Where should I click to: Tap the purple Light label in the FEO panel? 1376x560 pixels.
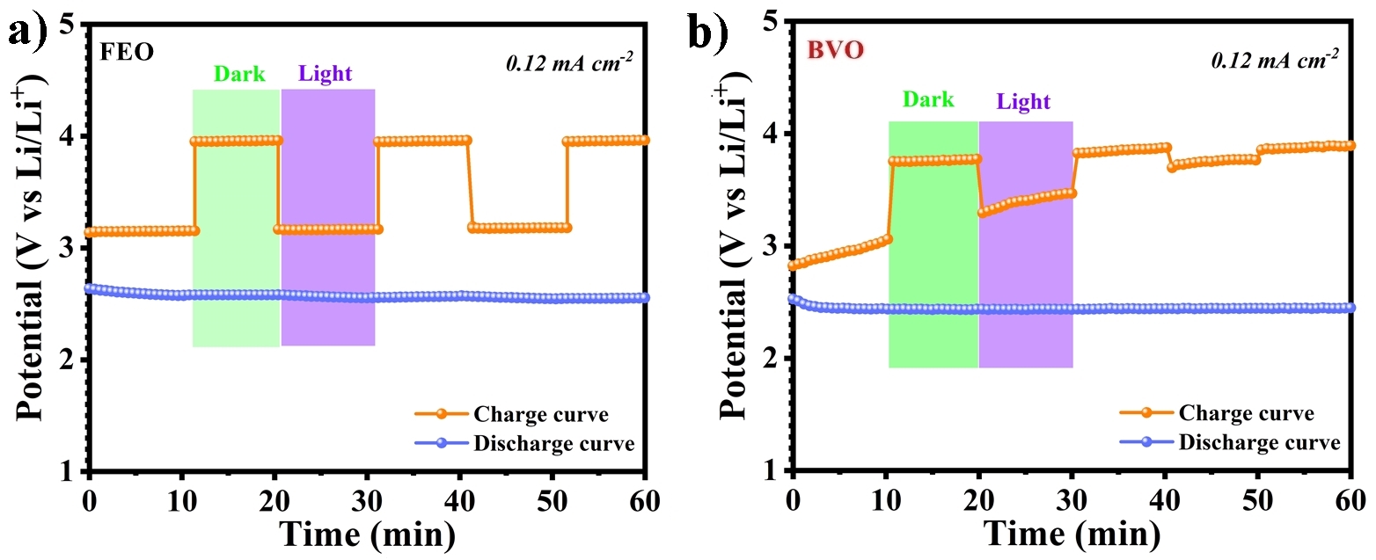pyautogui.click(x=325, y=74)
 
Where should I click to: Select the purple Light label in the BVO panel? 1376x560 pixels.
pyautogui.click(x=1023, y=102)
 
